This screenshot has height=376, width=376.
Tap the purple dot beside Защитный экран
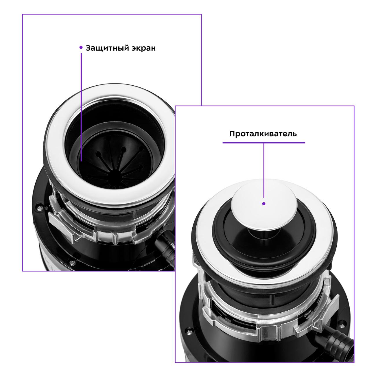pyautogui.click(x=81, y=47)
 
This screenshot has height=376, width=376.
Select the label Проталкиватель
pyautogui.click(x=263, y=134)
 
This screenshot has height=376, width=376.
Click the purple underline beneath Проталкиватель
pyautogui.click(x=264, y=143)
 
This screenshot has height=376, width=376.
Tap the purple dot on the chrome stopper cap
pyautogui.click(x=264, y=204)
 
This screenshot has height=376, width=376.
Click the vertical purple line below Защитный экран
pyautogui.click(x=81, y=107)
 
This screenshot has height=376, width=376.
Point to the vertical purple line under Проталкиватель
pyautogui.click(x=264, y=171)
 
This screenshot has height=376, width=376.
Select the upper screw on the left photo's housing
pyautogui.click(x=40, y=208)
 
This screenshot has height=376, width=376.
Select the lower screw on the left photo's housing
pyautogui.click(x=73, y=263)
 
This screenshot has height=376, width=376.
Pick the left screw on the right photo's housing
pyautogui.click(x=188, y=325)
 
